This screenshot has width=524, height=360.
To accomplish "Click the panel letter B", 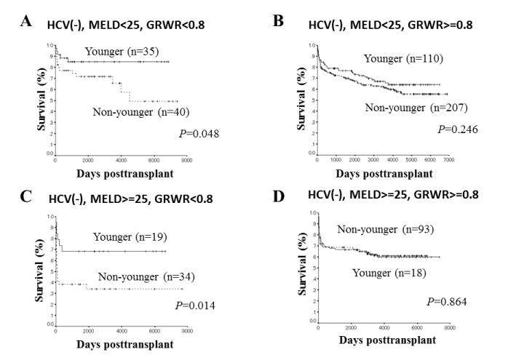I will [x=277, y=22].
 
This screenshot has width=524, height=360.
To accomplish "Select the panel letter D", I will [x=277, y=196].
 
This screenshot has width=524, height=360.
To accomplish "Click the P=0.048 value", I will [x=198, y=133].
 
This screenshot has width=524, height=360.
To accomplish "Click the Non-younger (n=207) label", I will [x=417, y=108].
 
